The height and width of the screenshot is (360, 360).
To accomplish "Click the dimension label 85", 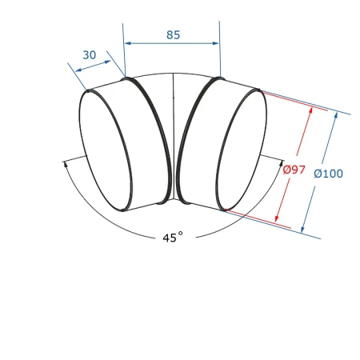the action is [174, 35].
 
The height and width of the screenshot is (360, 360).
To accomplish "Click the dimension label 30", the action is [90, 55].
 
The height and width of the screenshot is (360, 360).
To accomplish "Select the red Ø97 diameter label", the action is [294, 170].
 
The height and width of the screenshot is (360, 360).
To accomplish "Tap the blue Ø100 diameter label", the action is [328, 174].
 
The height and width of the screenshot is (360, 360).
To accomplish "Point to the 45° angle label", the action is [173, 237].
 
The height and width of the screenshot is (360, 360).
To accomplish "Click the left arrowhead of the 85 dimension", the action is [128, 43].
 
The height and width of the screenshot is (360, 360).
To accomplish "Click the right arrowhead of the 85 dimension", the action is [215, 43].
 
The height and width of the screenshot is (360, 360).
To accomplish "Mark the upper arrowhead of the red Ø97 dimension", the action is [310, 110].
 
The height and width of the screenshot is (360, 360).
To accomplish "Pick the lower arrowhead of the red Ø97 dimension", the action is [277, 218].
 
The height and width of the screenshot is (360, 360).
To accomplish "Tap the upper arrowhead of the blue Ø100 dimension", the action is [336, 115].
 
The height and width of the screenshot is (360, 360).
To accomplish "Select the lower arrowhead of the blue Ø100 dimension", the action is [302, 230].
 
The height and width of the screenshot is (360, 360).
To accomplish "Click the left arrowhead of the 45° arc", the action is [66, 164].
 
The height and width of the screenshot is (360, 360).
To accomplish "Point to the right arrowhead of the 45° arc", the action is [281, 163].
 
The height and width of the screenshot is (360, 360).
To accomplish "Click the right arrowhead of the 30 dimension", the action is [107, 62].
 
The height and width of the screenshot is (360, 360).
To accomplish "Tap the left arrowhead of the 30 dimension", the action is [78, 70].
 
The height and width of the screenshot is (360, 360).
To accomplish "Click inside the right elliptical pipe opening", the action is [241, 150].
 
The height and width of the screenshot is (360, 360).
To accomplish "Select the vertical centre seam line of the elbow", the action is [174, 136].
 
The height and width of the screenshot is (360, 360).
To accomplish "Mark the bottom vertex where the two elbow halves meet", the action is [174, 199].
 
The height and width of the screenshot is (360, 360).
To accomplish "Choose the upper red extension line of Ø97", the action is [294, 101].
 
